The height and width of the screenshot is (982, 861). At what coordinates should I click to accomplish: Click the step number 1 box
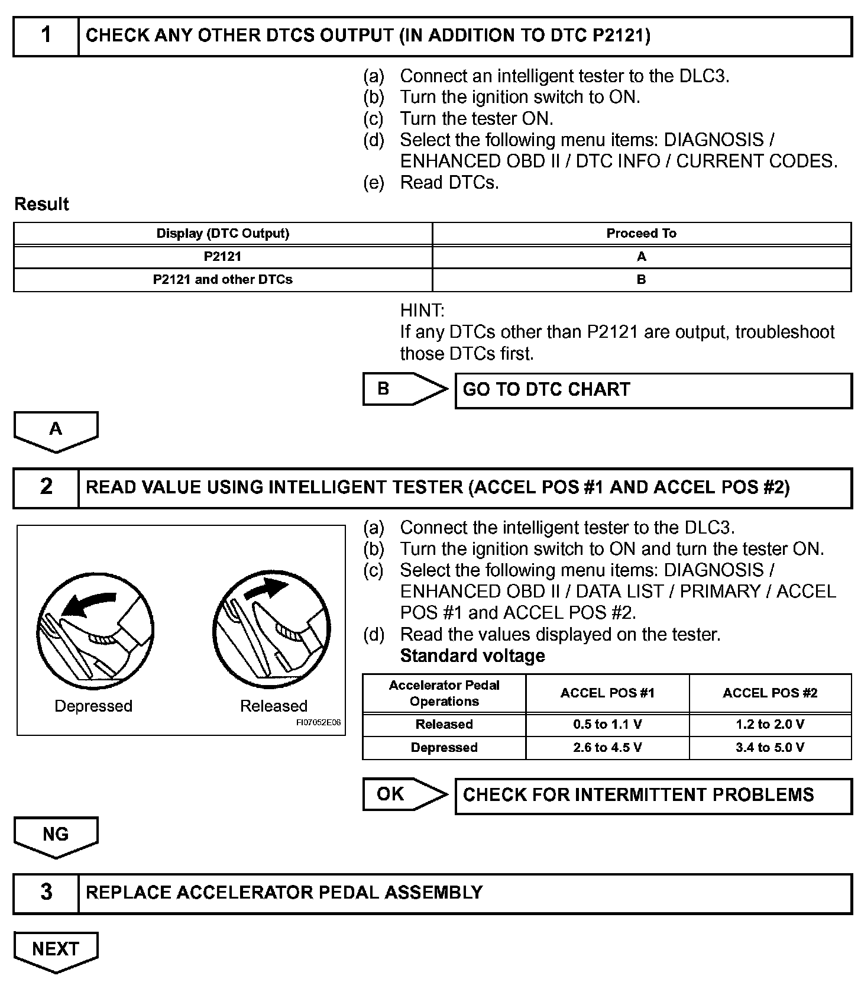point(46,36)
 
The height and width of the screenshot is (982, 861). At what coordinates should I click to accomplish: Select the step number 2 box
point(46,487)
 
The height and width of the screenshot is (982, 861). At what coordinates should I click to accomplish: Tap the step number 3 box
point(46,893)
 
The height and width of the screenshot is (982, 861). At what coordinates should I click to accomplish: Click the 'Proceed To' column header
point(641,234)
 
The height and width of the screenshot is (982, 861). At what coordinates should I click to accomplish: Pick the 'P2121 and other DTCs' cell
point(222,280)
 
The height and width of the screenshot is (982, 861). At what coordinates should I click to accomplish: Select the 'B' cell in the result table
point(641,280)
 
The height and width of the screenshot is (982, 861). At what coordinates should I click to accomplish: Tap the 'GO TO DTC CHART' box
point(653,390)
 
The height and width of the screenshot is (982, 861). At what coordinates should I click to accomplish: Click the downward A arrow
point(56,431)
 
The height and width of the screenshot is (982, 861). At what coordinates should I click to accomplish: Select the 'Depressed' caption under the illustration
point(93,706)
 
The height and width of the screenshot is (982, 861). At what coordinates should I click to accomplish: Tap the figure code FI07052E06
point(318,723)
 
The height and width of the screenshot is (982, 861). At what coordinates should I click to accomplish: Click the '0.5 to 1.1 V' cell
point(607,725)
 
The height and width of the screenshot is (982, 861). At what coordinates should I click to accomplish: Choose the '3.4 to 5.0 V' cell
point(769,748)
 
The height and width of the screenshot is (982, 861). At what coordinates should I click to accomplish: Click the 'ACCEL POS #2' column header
point(769,693)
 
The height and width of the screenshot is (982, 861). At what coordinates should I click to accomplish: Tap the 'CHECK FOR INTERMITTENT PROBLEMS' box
point(653,796)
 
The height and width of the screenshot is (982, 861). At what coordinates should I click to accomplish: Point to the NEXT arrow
point(56,951)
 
